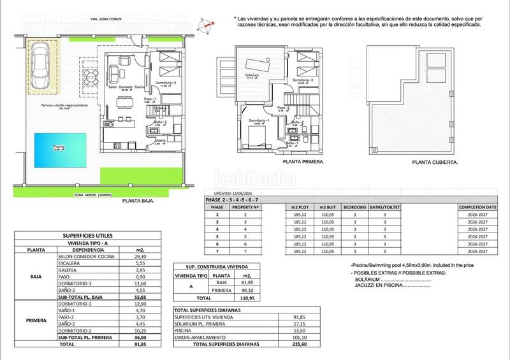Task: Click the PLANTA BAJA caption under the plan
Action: (x=140, y=200)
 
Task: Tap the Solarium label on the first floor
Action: (x=253, y=75)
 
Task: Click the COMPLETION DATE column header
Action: (x=477, y=207)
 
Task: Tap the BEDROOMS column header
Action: (x=354, y=207)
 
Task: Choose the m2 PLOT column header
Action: (x=298, y=207)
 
